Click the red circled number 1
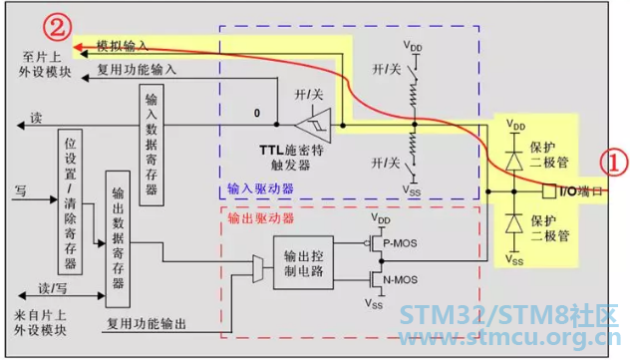(x=613, y=163)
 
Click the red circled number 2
(x=57, y=27)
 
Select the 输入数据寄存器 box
(x=152, y=145)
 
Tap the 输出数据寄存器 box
(x=118, y=239)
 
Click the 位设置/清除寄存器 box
(x=71, y=202)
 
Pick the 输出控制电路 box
(x=303, y=262)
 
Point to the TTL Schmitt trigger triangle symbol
(x=313, y=125)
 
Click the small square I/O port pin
(x=549, y=191)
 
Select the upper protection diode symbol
(x=514, y=161)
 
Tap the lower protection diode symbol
(x=514, y=223)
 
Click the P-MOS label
(x=400, y=243)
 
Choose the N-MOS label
(x=400, y=279)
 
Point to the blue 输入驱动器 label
(x=260, y=188)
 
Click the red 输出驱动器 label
(x=261, y=218)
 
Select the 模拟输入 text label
(x=123, y=46)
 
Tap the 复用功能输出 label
(x=147, y=323)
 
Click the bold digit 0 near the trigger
(x=257, y=114)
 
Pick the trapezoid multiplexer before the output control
(x=257, y=268)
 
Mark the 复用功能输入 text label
(x=137, y=70)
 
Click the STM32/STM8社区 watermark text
(x=509, y=315)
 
